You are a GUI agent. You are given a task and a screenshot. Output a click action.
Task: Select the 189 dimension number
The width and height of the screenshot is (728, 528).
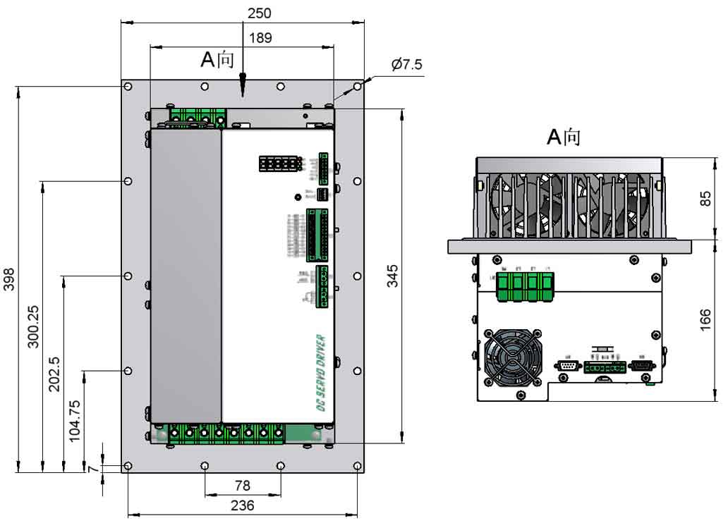pos(260,37)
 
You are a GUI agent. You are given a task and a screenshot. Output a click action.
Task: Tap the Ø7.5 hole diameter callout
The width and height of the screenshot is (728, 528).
pos(407,65)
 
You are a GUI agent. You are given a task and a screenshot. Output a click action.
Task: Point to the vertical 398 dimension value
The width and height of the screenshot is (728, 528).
pos(10,279)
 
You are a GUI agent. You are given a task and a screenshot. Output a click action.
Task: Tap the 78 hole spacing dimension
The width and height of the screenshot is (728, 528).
pos(242,486)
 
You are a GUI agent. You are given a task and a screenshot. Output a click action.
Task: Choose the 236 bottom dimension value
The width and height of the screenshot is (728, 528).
pos(242,505)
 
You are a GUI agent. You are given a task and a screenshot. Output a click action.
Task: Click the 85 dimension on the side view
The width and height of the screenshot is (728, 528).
pos(705,199)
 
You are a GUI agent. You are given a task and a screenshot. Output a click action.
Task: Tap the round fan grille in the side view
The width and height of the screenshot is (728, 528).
pos(514,357)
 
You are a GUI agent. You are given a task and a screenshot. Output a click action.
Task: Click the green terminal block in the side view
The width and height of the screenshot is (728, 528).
pos(524,286)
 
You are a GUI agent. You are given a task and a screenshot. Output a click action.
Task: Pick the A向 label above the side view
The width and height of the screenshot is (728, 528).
pos(564,137)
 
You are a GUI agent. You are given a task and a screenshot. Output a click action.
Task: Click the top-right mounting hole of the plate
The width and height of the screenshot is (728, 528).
pos(358,87)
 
